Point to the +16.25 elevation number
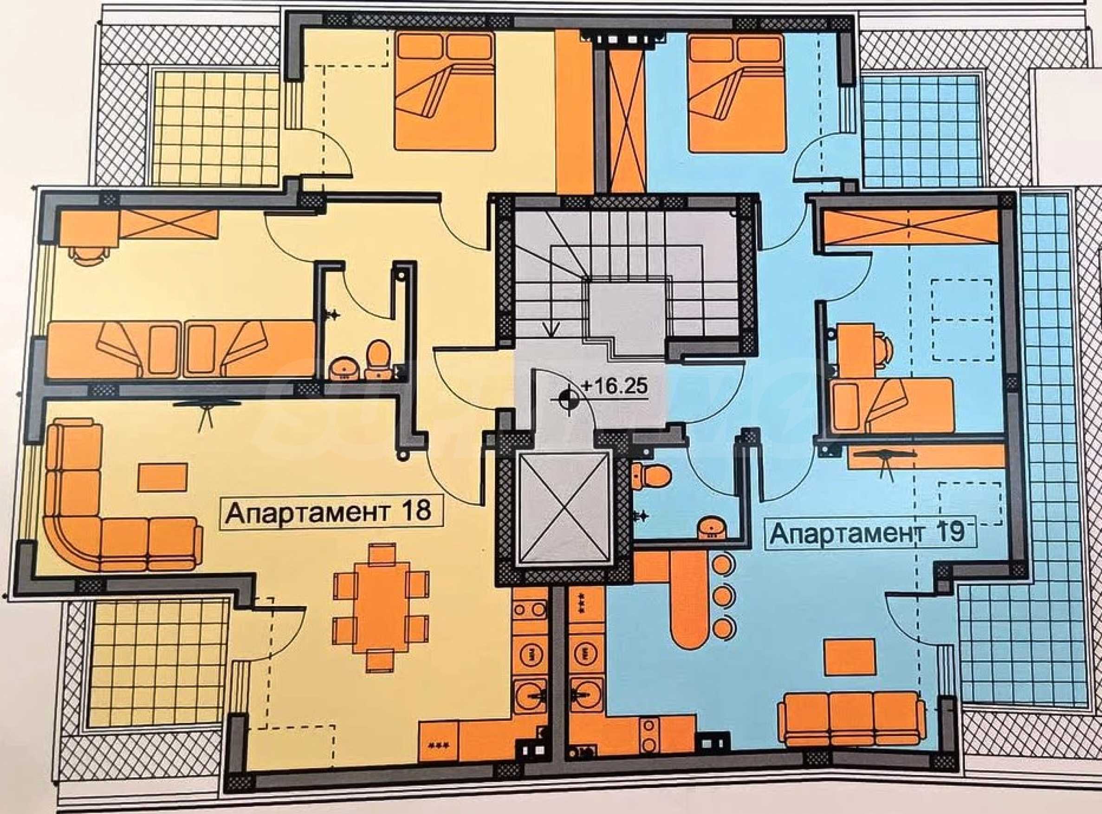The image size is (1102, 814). [614, 386]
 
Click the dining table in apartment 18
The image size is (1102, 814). [381, 609]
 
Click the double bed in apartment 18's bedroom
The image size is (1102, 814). [444, 91]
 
